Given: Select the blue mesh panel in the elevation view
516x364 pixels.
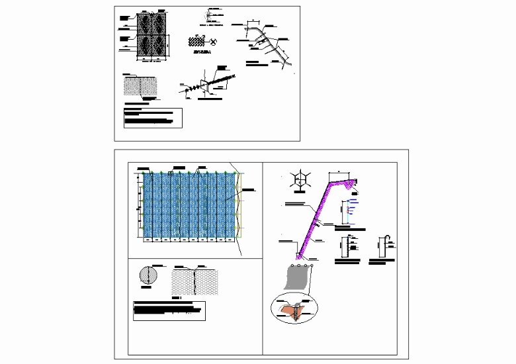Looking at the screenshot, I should (189, 204).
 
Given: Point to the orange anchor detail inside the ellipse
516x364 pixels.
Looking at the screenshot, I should (294, 310).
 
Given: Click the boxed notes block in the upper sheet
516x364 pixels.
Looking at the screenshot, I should (152, 117).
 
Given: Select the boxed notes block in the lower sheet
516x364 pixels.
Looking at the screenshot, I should (169, 310).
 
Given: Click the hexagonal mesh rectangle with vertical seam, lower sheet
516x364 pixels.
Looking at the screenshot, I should (194, 281).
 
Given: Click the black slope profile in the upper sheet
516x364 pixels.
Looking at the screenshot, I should (271, 43).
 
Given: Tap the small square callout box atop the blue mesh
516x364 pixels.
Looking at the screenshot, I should (170, 173).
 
